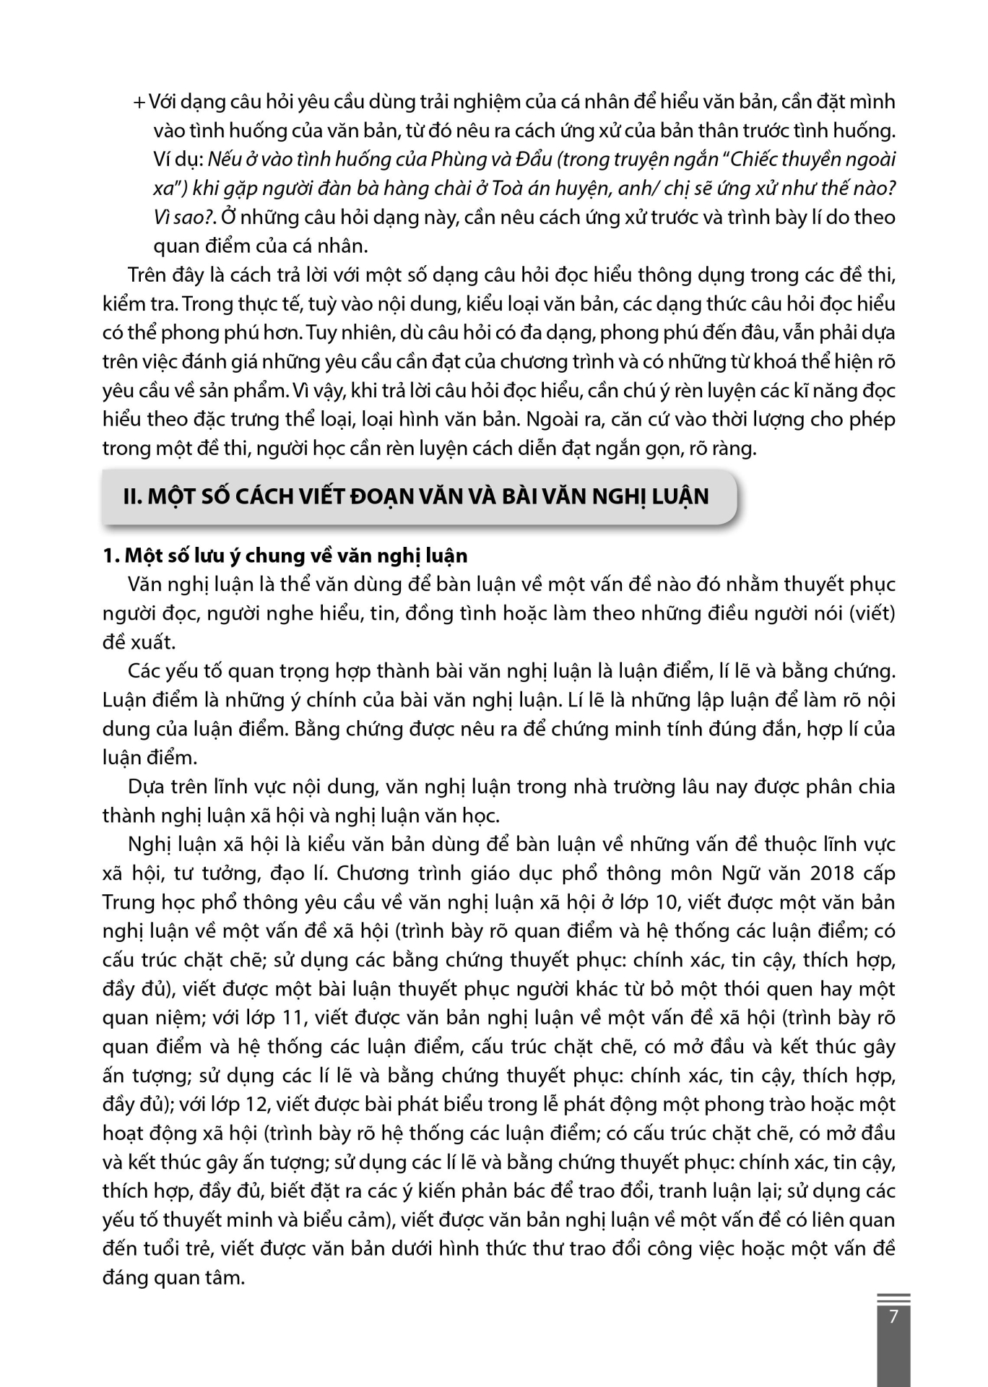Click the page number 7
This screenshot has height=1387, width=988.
893,1317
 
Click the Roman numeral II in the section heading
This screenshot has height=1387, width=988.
130,497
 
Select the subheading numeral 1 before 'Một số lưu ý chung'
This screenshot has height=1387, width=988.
109,556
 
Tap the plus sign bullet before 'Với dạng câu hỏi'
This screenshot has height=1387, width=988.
139,103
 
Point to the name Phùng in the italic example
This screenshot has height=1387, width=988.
456,160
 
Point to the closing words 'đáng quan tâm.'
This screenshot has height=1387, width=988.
174,1279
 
